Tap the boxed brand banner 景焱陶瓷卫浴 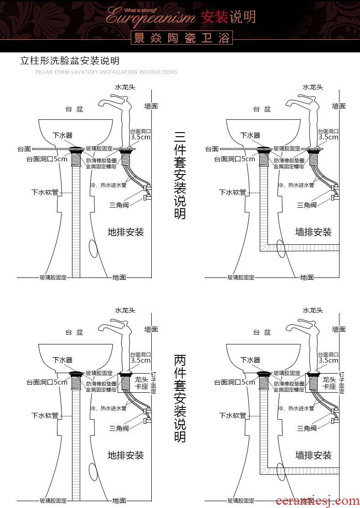[181, 38]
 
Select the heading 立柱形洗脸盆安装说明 [70, 61]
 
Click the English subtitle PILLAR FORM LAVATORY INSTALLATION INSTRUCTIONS [106, 72]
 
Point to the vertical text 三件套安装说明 [180, 175]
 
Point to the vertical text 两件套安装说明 [180, 399]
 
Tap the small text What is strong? [141, 9]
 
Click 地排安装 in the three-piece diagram [125, 232]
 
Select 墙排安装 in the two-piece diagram [313, 455]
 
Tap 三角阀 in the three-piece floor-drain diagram [119, 205]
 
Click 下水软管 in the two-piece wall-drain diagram [232, 415]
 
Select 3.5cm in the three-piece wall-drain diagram [328, 137]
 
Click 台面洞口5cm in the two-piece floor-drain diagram [46, 382]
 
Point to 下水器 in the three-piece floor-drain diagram [62, 135]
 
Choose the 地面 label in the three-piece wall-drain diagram [307, 277]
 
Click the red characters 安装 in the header [214, 17]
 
